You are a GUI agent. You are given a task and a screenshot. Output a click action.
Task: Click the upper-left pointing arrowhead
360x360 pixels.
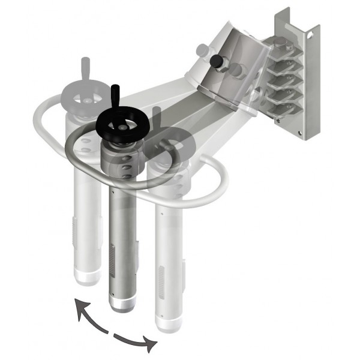[77, 307]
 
